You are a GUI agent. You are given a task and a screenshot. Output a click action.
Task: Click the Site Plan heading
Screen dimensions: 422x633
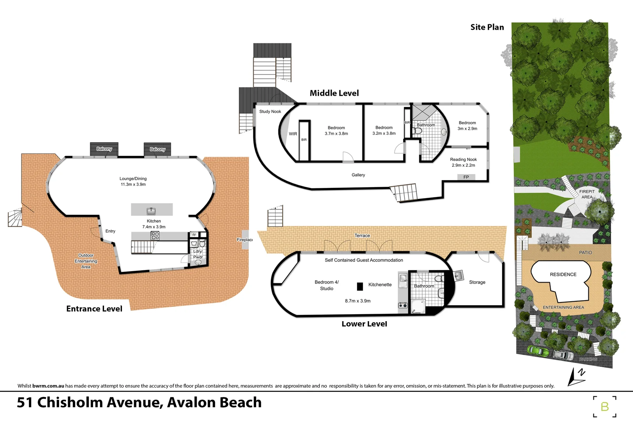pos(487,27)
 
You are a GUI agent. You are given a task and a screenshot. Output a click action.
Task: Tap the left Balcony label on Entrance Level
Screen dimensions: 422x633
pos(104,149)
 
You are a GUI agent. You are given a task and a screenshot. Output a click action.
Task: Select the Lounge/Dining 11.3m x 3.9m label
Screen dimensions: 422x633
pos(133,181)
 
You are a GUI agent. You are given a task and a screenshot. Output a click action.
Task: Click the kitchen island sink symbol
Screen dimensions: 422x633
pos(151,211)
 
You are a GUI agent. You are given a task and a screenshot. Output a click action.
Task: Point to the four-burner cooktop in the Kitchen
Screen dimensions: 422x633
pos(155,236)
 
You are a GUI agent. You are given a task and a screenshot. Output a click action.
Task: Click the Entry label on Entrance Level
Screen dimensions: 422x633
pos(110,231)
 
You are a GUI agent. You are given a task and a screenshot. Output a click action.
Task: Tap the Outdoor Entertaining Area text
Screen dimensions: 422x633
pos(86,261)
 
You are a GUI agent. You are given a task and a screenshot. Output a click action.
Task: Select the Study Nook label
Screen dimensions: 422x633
pos(270,111)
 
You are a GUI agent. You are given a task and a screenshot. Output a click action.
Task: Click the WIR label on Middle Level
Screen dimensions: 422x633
pos(293,134)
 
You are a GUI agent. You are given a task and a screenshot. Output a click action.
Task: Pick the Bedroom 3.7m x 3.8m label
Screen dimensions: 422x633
pos(336,131)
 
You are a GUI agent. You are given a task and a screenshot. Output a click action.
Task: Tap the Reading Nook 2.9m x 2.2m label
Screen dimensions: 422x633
pos(463,162)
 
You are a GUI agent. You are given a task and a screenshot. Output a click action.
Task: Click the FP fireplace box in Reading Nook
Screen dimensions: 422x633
pos(466,177)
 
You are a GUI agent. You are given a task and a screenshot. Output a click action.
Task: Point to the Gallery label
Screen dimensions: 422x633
pos(358,175)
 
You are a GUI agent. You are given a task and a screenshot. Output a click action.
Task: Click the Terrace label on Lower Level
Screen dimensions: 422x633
pos(362,235)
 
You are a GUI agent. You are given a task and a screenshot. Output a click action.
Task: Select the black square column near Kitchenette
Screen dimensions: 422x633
pos(360,286)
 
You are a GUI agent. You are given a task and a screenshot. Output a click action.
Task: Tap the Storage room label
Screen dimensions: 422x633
pos(477,282)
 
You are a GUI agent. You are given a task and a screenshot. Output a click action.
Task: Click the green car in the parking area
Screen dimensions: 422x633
pos(538,350)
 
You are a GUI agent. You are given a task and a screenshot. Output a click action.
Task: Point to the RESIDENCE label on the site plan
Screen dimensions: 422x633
pos(563,274)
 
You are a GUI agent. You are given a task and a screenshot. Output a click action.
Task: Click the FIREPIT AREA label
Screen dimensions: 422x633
pos(586,194)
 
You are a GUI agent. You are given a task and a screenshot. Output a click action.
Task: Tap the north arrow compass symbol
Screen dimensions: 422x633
pos(576,376)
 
